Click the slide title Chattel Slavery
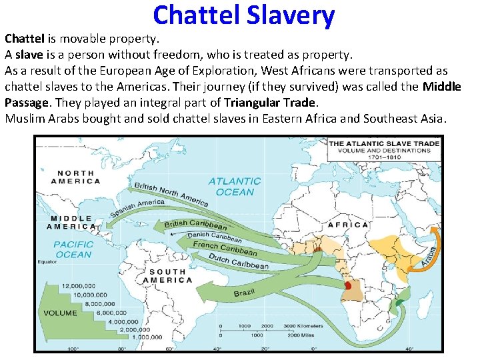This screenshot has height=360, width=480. pyautogui.click(x=243, y=15)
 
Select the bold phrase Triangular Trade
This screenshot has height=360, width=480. pyautogui.click(x=270, y=102)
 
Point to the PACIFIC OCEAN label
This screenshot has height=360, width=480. pyautogui.click(x=74, y=249)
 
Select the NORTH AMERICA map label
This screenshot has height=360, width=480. pyautogui.click(x=76, y=176)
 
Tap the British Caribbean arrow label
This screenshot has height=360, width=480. pyautogui.click(x=195, y=224)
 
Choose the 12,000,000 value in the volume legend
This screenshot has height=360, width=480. pyautogui.click(x=80, y=286)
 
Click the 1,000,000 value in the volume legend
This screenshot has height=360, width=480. pyautogui.click(x=146, y=337)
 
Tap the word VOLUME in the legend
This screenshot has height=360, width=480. pyautogui.click(x=61, y=313)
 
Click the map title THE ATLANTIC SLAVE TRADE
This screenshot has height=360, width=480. pyautogui.click(x=384, y=143)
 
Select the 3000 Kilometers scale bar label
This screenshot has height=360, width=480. pyautogui.click(x=302, y=326)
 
